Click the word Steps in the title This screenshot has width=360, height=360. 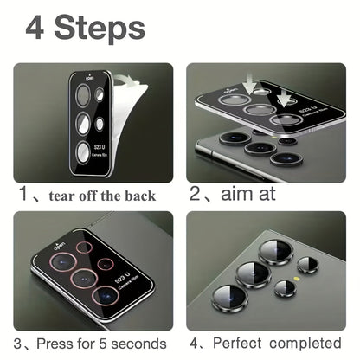pyautogui.click(x=100, y=28)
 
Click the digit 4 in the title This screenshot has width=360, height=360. pyautogui.click(x=35, y=28)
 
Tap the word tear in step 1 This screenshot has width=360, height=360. pyautogui.click(x=61, y=196)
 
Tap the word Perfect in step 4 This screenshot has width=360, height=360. pyautogui.click(x=237, y=343)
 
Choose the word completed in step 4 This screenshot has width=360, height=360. pyautogui.click(x=305, y=344)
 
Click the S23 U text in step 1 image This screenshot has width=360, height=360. pyautogui.click(x=100, y=148)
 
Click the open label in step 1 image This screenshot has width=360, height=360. pyautogui.click(x=89, y=77)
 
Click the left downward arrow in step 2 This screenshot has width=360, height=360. pyautogui.click(x=249, y=84)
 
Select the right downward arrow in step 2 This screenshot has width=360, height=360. pyautogui.click(x=284, y=100)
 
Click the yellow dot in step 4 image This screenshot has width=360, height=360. pyautogui.click(x=296, y=279)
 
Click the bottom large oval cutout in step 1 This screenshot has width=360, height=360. pyautogui.click(x=83, y=153)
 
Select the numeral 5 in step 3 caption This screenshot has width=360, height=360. pyautogui.click(x=103, y=344)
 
